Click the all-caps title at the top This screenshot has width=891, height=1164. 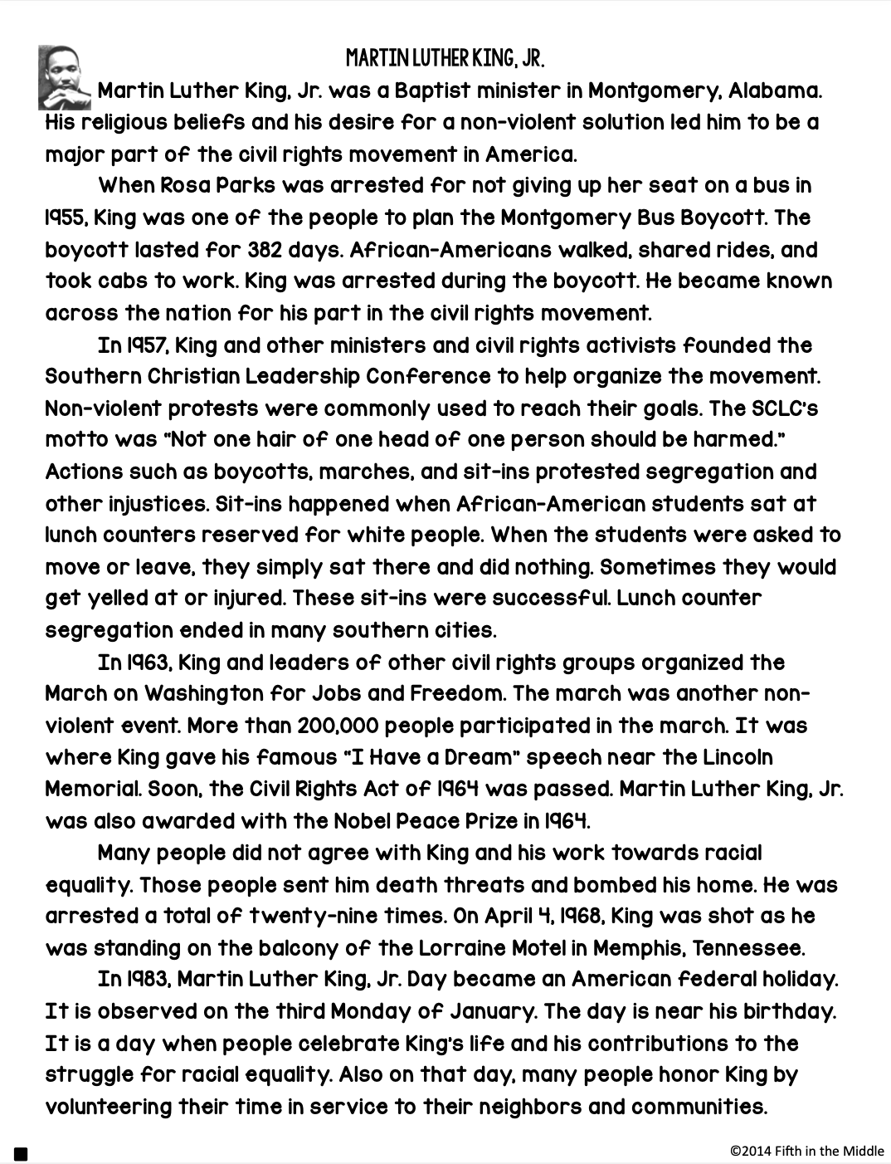[445, 59]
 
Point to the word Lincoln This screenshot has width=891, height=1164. [738, 757]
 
